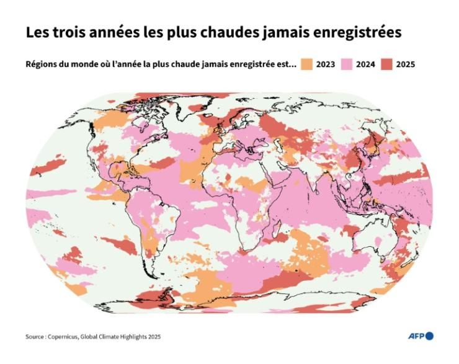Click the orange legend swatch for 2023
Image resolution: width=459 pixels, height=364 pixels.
coord(306,64)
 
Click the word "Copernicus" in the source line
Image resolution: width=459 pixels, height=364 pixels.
coord(65,337)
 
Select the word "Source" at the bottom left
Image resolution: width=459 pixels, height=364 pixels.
coord(35,337)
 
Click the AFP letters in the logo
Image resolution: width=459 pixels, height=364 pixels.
coord(415,336)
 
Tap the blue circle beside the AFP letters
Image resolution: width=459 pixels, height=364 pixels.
coord(429,336)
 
